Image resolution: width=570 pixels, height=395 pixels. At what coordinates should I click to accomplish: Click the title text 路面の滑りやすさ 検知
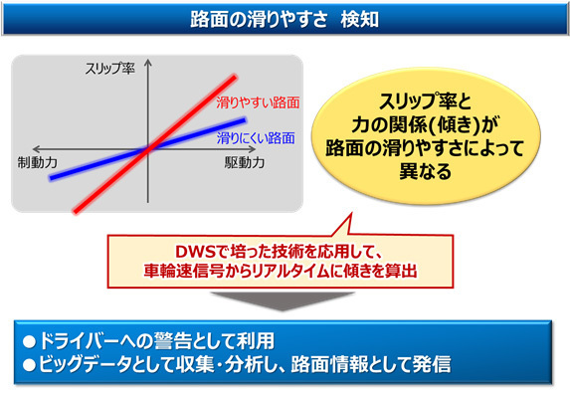click(285, 17)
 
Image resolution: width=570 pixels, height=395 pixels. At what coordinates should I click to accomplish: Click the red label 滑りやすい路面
click(258, 101)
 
